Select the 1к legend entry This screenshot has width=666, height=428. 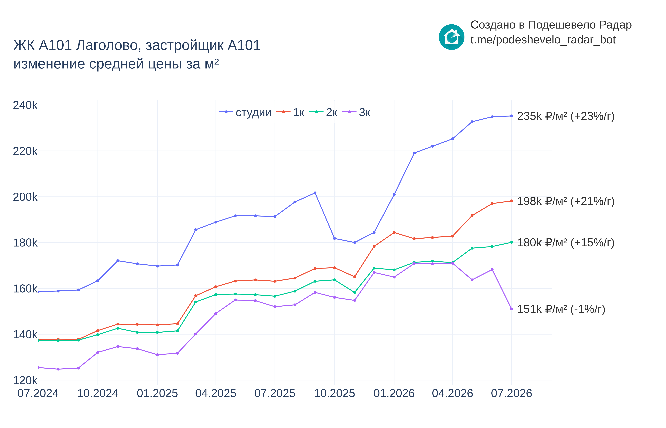[x=290, y=112]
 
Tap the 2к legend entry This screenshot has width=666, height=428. [x=323, y=112]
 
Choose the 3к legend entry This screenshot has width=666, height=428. [x=356, y=112]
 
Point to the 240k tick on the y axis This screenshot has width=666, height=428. [x=25, y=105]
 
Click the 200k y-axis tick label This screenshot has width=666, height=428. [x=25, y=197]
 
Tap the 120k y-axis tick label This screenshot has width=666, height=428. [x=25, y=380]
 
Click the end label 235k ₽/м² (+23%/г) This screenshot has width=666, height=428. [x=566, y=116]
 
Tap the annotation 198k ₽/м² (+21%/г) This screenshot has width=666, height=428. [x=566, y=201]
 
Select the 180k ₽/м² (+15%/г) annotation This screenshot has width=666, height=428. [x=566, y=243]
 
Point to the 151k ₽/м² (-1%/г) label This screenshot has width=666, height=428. [x=561, y=309]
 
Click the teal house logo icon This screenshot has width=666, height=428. [x=451, y=37]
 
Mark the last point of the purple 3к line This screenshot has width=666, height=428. [x=511, y=309]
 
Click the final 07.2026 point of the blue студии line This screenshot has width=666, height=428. [x=511, y=116]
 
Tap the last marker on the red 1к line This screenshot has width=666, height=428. [x=511, y=201]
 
